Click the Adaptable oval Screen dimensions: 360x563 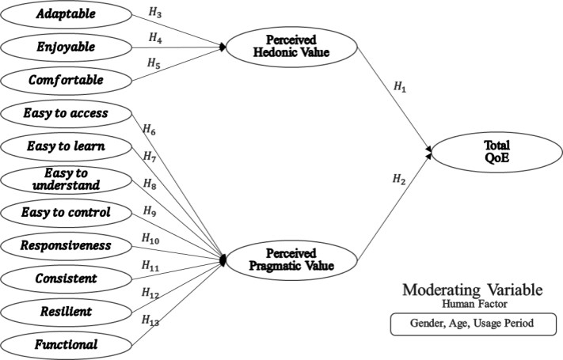click(67, 14)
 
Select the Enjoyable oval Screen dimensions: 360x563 click(67, 47)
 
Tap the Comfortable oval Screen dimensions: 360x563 click(67, 80)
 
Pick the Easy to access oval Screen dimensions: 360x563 click(67, 114)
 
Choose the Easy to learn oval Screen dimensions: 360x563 click(67, 146)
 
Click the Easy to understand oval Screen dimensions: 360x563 click(67, 179)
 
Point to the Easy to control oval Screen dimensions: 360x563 click(67, 212)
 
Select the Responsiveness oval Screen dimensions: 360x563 click(67, 245)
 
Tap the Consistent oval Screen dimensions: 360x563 click(67, 278)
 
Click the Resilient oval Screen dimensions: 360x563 click(67, 311)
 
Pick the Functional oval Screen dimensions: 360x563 click(67, 343)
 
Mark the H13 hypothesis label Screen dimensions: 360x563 click(150, 320)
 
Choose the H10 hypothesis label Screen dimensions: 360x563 click(150, 237)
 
